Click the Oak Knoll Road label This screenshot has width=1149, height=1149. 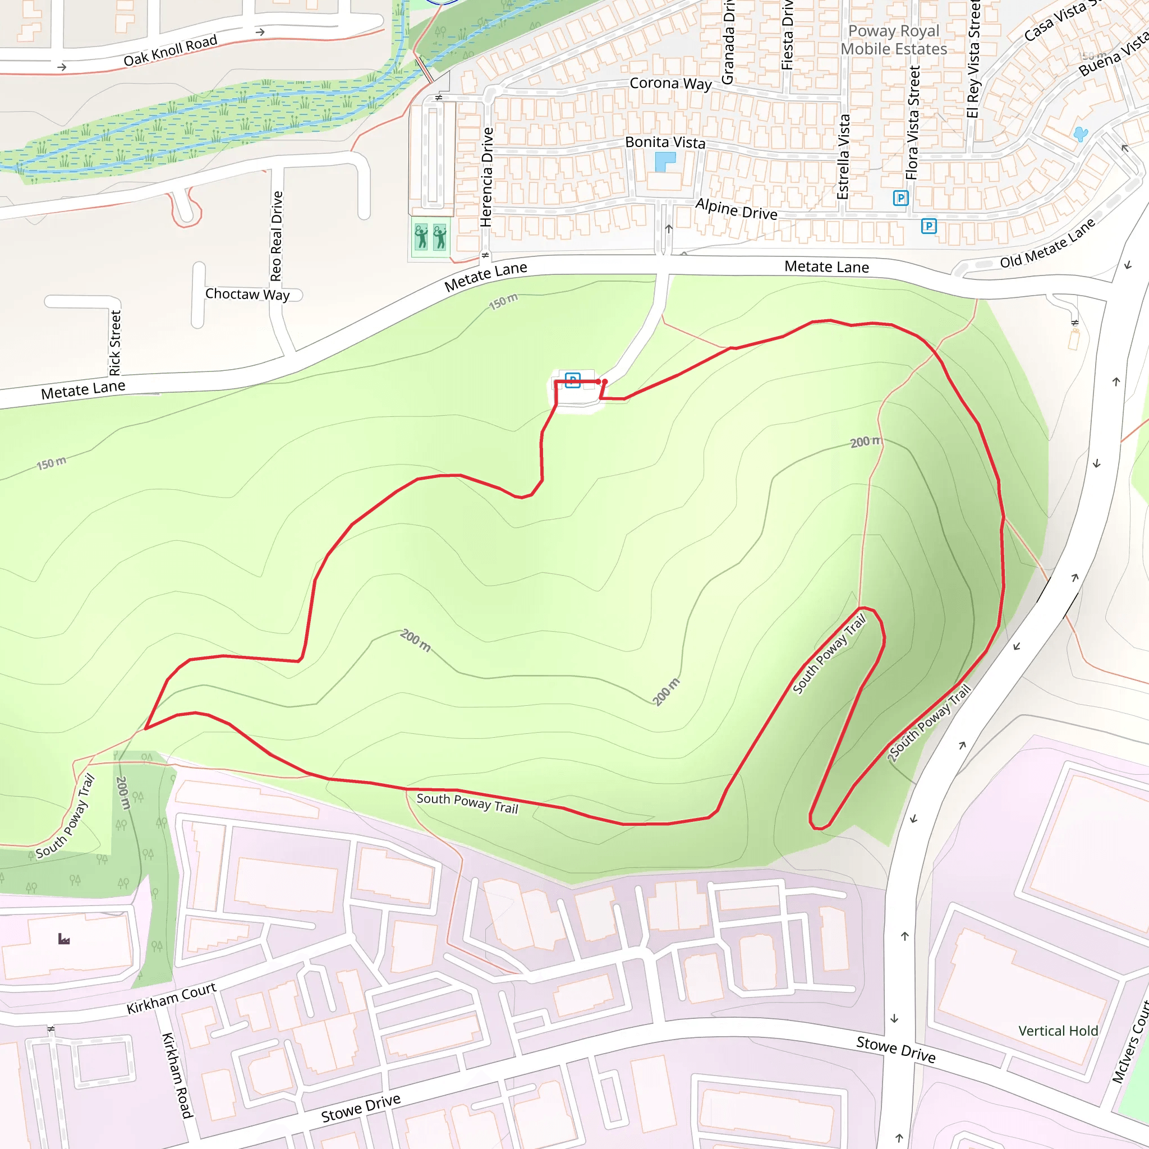170,50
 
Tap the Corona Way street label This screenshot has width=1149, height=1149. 670,83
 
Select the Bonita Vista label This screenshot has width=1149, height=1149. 665,142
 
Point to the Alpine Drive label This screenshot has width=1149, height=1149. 736,209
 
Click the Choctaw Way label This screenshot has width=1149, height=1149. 247,294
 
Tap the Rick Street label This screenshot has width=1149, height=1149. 115,343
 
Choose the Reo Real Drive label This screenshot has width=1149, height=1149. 276,236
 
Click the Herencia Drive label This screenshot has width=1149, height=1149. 486,177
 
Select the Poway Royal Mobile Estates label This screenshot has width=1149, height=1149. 893,40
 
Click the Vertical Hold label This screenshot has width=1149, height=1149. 1058,1031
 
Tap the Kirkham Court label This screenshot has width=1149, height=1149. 171,999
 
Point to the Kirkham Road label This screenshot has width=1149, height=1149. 177,1076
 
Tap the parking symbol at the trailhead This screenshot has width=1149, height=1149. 573,380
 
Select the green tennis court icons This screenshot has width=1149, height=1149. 430,236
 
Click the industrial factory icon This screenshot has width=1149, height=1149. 63,939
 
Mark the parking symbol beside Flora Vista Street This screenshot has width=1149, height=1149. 900,197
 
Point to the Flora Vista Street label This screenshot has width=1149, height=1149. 913,123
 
